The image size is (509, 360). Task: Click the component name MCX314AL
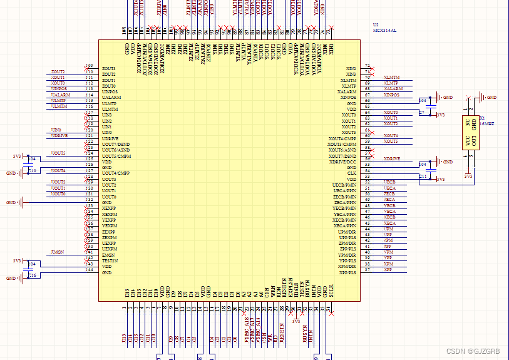384,29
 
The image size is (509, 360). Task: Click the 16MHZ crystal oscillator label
486,124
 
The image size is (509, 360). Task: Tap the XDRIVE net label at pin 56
392,159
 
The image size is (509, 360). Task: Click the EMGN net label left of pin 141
58,252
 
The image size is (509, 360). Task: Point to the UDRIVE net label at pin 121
60,135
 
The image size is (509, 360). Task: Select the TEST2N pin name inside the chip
110,261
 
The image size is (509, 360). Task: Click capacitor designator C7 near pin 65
421,113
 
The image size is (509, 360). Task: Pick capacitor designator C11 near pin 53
423,177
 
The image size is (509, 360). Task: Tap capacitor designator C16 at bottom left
33,275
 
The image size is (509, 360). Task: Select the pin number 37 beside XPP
367,270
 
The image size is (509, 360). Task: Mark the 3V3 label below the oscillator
468,176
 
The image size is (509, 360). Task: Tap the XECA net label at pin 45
389,223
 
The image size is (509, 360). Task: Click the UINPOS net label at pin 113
59,89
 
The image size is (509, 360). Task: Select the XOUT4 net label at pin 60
391,135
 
